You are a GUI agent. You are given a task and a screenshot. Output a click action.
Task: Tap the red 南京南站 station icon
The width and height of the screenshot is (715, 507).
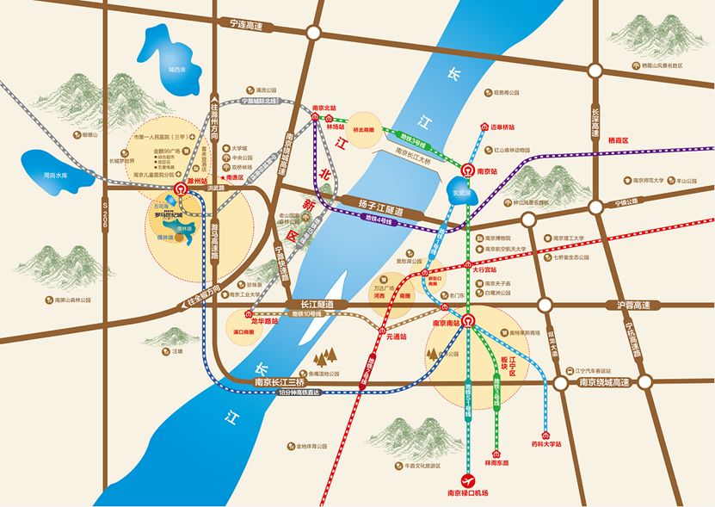click(x=466, y=322)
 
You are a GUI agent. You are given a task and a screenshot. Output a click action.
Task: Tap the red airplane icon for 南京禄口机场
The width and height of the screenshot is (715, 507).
click(x=468, y=479)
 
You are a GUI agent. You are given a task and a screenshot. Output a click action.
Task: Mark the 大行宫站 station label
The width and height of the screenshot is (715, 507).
click(x=484, y=269)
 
